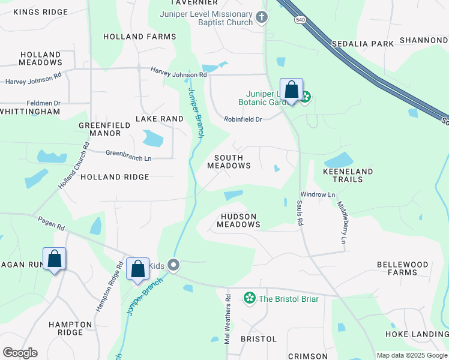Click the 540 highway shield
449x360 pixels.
coord(299,20)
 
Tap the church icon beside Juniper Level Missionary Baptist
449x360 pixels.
coord(261,17)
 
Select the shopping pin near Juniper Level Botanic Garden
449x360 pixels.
coord(291,91)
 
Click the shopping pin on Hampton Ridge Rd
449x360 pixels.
coord(137,269)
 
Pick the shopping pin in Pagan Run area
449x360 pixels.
coord(54,260)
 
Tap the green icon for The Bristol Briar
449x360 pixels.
coord(249,298)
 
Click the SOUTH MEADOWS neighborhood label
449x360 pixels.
coord(229,161)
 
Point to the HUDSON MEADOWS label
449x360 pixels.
coord(238,220)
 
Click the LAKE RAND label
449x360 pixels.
coord(159,119)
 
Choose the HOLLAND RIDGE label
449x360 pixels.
coord(115,177)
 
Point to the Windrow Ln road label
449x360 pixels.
coord(318,194)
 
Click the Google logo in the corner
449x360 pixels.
coord(20,353)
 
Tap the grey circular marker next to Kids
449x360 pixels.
coord(174,265)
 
